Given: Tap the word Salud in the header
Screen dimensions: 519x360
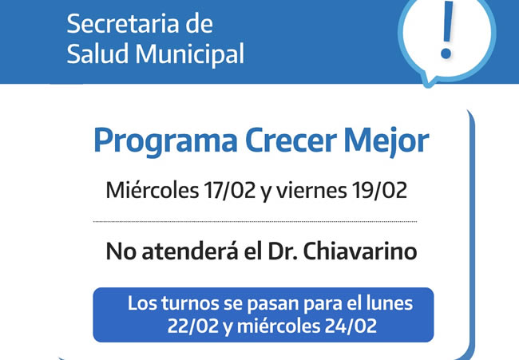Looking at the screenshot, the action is (x=97, y=53).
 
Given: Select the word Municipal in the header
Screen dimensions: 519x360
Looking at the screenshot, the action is (x=190, y=54).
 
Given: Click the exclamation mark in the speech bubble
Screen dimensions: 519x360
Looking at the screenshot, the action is (x=447, y=30).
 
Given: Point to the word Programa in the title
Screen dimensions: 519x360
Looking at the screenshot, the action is (x=165, y=141).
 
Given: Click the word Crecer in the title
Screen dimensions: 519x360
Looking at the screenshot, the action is (x=291, y=140).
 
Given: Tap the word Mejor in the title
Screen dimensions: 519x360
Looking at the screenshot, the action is (x=386, y=141).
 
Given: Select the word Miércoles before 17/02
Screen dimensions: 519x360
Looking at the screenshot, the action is (x=152, y=190).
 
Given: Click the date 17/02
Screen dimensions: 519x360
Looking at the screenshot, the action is (x=230, y=190).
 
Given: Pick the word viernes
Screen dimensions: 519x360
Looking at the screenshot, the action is (x=311, y=191).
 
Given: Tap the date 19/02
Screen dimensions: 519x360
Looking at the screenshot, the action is (x=379, y=190).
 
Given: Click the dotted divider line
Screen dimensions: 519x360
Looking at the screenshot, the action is (x=255, y=222).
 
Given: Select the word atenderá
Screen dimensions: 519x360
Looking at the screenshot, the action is (x=190, y=251).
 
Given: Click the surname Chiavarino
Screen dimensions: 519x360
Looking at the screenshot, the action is (x=360, y=251).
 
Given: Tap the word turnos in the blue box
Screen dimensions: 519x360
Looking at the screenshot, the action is (x=190, y=304).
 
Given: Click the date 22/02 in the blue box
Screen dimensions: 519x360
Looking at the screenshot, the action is (x=193, y=326).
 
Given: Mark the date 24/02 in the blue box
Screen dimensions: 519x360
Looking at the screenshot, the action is (x=351, y=326).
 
